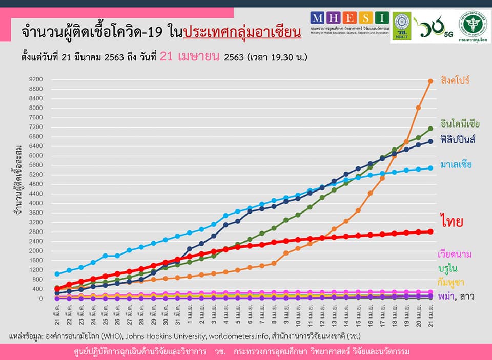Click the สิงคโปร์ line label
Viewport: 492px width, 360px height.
[x=455, y=81]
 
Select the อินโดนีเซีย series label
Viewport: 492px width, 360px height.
[x=460, y=124]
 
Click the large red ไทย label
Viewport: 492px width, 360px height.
[x=452, y=221]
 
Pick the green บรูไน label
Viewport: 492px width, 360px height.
[x=447, y=268]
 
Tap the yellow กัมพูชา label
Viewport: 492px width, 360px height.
[x=451, y=282]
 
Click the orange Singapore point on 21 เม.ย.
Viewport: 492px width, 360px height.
[x=430, y=81]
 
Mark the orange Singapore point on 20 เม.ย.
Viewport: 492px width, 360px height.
[x=418, y=108]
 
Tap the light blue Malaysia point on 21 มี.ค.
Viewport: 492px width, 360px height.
[x=57, y=274]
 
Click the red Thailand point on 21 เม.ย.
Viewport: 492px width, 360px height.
[x=430, y=231]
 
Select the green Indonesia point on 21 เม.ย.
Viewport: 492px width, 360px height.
[x=430, y=129]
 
